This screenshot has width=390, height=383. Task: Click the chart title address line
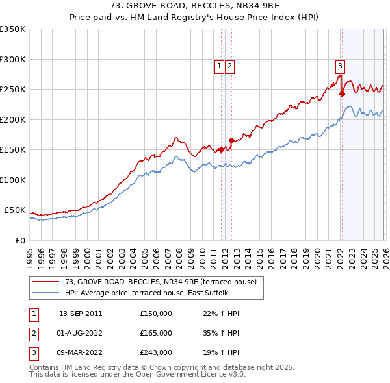coord(195,6)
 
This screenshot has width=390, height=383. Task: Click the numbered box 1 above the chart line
coord(219,65)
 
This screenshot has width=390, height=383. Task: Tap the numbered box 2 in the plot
coord(230,65)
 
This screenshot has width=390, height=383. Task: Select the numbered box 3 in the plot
coord(340,65)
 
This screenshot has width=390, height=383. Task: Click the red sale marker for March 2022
coord(342,93)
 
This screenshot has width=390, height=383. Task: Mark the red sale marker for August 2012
coord(231,140)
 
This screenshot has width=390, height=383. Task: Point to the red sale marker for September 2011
coord(221,149)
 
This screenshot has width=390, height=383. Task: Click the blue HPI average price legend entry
coord(156,293)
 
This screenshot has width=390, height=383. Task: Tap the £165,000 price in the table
coord(155,333)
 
